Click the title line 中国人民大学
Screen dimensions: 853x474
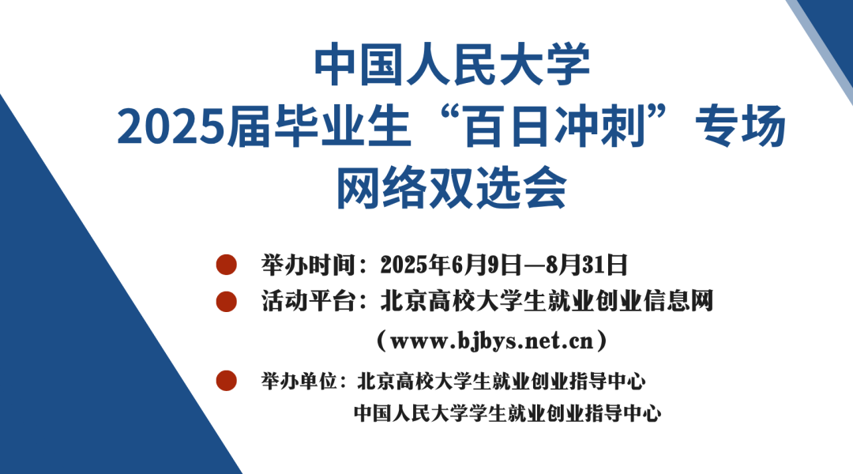(452, 65)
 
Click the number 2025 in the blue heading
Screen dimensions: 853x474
(171, 127)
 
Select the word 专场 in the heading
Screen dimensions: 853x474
(740, 127)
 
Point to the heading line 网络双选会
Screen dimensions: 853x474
(452, 188)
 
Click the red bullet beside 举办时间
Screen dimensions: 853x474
(227, 265)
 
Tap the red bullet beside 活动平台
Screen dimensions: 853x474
(227, 302)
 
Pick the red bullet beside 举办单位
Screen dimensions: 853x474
(227, 381)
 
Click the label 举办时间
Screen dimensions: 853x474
(308, 265)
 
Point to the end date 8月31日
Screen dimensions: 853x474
(587, 265)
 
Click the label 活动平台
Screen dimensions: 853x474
(308, 302)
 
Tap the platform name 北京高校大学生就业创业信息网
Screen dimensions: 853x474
(547, 302)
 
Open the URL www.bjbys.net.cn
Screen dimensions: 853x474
(492, 341)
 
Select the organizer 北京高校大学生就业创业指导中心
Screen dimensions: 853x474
(501, 381)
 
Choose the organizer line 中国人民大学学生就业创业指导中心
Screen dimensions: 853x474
(508, 413)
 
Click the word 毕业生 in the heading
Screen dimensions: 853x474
(342, 127)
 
